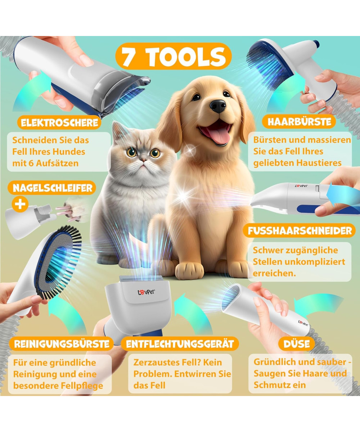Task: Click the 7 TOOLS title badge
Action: pos(174,56)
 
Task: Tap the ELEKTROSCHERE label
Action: pos(59,123)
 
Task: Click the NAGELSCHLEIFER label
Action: pos(52,188)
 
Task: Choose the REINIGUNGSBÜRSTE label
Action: pos(62,344)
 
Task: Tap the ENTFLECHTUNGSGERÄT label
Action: pos(180,344)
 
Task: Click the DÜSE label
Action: pos(297,344)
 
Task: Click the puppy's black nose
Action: pos(218,106)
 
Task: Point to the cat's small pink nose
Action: pos(143,159)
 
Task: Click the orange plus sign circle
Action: pos(20,204)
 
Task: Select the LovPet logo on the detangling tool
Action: pos(146,292)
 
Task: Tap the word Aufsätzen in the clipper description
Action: pos(57,163)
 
